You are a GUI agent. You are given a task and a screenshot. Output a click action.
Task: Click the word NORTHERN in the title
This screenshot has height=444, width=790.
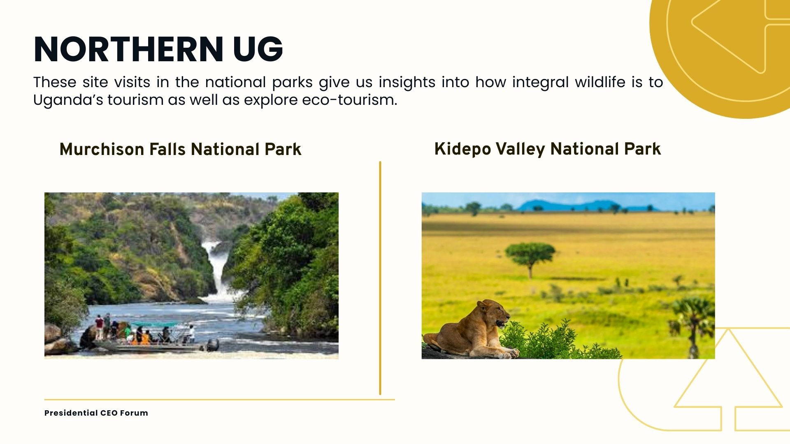coord(128,49)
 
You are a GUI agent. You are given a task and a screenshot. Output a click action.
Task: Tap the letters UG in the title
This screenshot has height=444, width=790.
coord(258,49)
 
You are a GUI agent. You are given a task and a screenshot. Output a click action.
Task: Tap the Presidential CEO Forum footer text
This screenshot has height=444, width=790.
coord(96,413)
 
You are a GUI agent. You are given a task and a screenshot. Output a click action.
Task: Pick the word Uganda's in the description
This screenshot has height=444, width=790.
coord(68,100)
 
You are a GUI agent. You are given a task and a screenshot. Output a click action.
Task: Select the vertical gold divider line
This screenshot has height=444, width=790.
coord(380,278)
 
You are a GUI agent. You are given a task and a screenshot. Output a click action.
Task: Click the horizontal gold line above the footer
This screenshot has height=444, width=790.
coord(220,399)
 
